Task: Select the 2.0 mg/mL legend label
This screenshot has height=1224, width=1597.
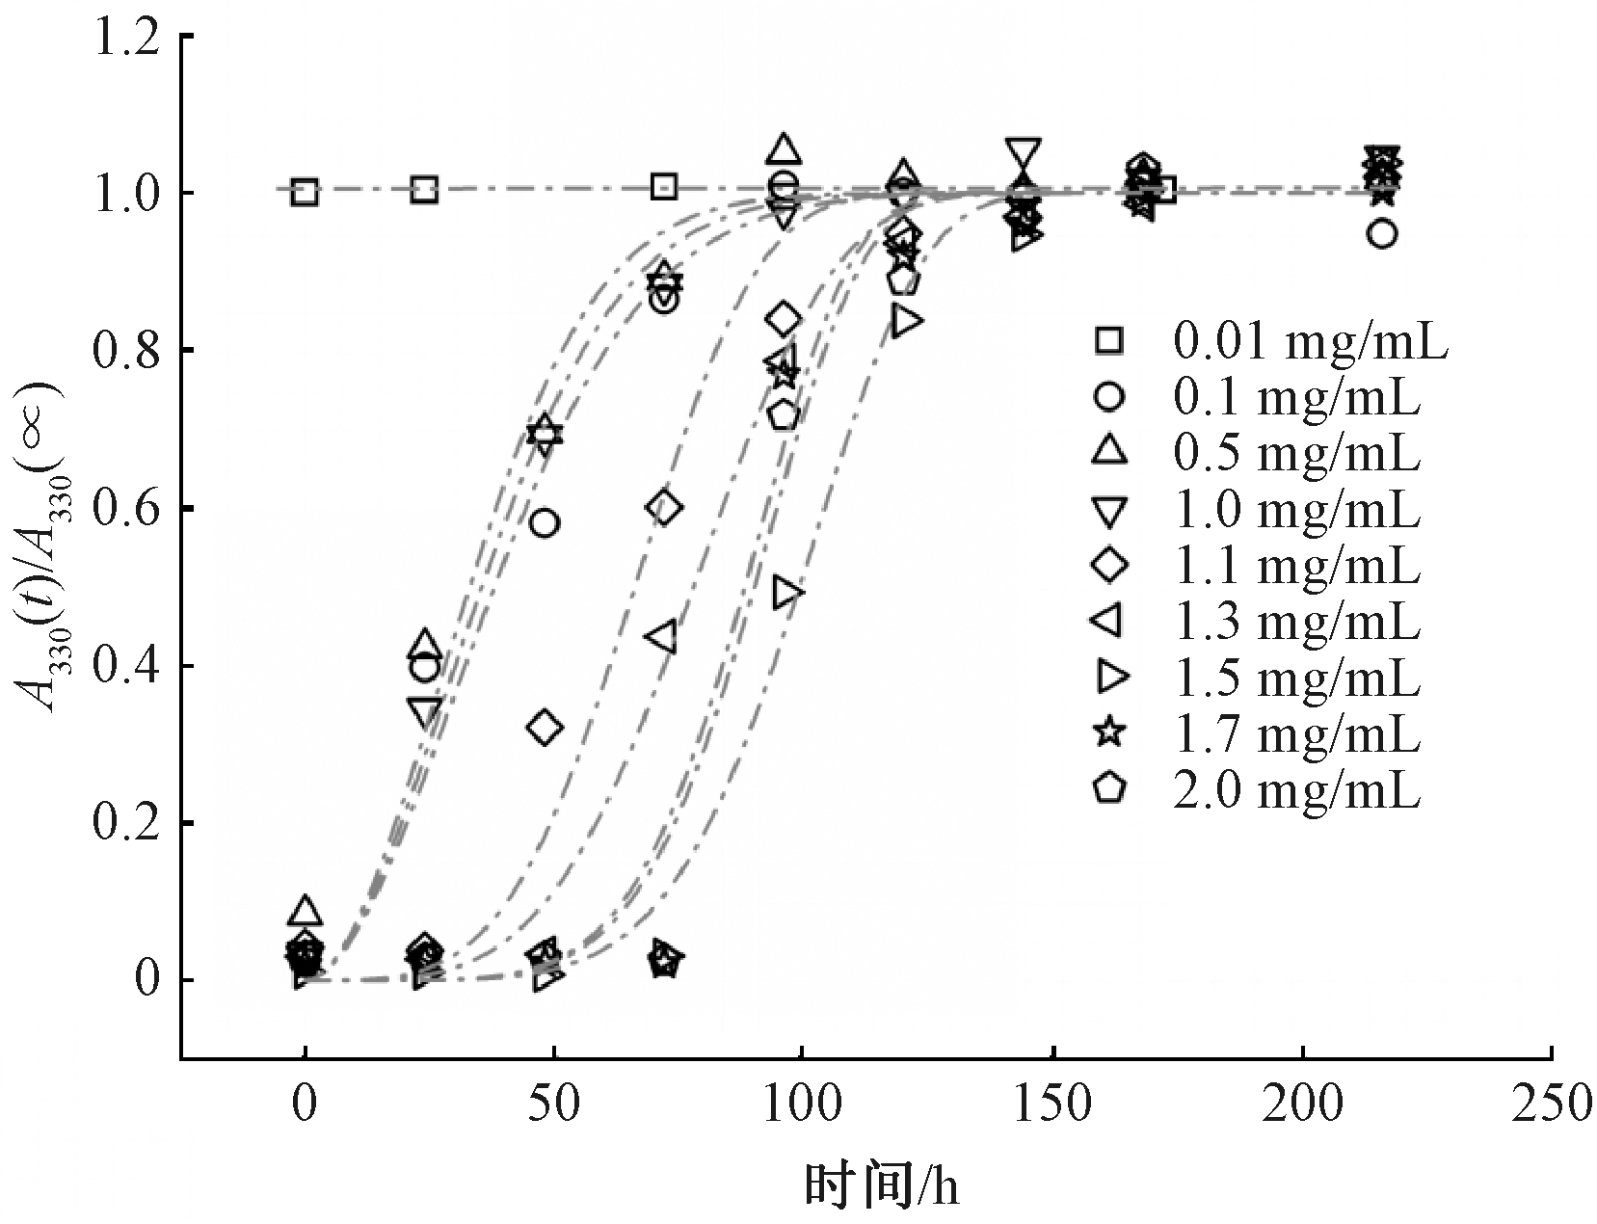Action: pos(1295,790)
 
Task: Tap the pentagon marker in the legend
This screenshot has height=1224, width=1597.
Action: pos(1109,789)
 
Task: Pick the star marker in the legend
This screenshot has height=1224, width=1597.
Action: pos(1109,733)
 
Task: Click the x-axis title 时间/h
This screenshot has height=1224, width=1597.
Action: pos(882,1184)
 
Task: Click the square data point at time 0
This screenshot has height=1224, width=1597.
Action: pos(305,192)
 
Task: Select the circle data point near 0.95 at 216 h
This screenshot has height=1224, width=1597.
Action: pos(1382,234)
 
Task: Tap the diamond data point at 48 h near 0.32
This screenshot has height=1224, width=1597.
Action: pos(546,727)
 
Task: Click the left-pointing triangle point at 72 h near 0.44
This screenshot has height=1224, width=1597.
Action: pos(661,637)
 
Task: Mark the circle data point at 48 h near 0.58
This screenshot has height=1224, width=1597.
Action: pos(545,523)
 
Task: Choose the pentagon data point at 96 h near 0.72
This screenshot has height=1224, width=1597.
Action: pos(785,415)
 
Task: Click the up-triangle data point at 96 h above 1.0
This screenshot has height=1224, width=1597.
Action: pos(785,149)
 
